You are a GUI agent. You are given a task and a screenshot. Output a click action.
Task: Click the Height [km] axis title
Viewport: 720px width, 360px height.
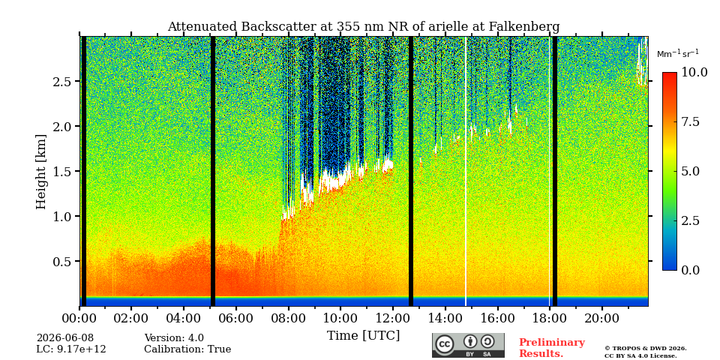click(41, 172)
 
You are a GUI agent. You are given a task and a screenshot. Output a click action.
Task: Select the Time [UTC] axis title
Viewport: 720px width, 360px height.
click(363, 335)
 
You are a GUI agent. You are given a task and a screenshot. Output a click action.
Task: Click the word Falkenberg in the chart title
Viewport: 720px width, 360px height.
click(524, 27)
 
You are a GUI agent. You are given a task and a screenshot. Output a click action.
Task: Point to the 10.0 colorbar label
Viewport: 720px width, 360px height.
click(694, 73)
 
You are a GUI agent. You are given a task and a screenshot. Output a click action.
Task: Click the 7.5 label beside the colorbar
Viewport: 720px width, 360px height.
click(691, 121)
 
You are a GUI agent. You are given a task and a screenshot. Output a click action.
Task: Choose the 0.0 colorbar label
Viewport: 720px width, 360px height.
click(691, 270)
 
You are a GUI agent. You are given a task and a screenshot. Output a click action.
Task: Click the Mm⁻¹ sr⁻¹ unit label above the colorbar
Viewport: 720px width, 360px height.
click(678, 54)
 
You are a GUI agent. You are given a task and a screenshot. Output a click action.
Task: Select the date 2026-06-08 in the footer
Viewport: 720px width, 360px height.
click(64, 338)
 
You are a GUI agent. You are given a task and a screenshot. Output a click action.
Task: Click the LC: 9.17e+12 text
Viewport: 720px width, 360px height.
click(71, 349)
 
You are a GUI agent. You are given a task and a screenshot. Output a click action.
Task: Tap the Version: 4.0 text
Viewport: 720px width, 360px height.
click(174, 338)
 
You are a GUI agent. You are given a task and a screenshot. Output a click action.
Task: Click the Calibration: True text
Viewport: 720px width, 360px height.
click(187, 349)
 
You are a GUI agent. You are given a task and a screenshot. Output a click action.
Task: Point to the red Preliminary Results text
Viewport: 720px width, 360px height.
click(552, 348)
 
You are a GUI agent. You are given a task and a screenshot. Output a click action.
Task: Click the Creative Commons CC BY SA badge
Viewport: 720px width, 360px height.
click(468, 345)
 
